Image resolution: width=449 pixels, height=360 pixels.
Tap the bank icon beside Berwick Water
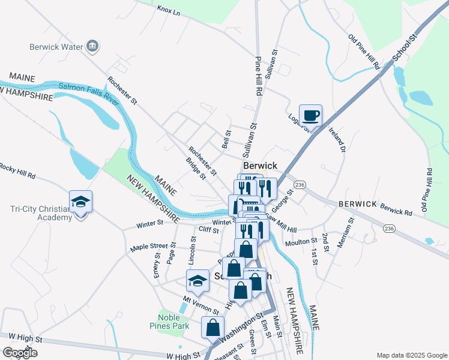tap(92, 46)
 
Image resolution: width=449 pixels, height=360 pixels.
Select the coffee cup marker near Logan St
tap(310, 115)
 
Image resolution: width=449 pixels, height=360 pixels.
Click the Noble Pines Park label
tap(173, 322)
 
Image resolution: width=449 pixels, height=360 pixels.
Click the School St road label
tap(404, 48)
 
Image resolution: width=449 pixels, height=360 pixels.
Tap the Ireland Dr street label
tap(338, 139)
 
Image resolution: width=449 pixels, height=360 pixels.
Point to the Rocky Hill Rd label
tap(18, 171)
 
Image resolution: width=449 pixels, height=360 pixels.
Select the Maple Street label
tap(149, 247)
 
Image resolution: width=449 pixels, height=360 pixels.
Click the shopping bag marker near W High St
tap(212, 328)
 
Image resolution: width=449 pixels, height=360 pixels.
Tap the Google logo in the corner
tap(20, 353)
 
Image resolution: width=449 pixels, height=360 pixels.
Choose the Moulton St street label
tap(301, 241)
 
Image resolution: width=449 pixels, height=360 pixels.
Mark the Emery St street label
tap(157, 265)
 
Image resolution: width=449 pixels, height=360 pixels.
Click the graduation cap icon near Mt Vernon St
tap(197, 280)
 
